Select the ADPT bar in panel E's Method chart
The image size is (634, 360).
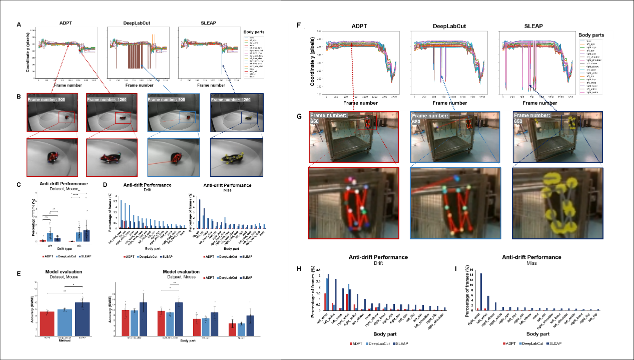[x=47, y=323]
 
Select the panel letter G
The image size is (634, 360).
[x=299, y=117]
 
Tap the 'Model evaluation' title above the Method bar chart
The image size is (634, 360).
[x=61, y=272]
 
